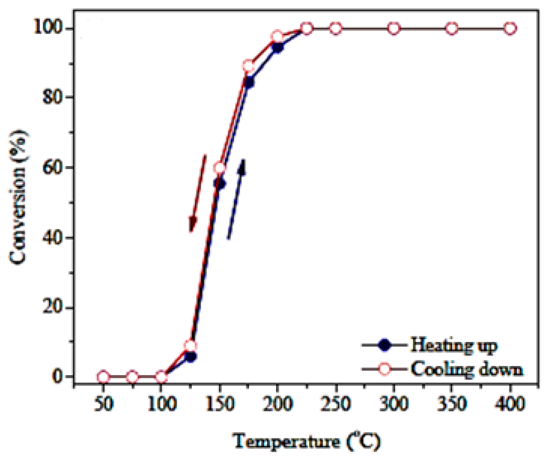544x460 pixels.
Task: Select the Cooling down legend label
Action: coord(467,370)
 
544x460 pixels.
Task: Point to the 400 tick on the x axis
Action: coord(510,404)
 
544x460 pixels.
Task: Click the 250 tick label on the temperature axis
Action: coord(336,404)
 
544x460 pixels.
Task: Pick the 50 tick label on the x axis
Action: coord(104,404)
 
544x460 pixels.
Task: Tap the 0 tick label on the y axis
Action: coord(58,377)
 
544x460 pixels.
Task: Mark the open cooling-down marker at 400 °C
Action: coord(510,28)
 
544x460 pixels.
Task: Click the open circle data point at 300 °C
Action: coord(394,28)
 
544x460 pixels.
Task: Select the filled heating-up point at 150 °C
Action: coord(220,183)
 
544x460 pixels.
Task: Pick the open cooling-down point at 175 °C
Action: coord(249,66)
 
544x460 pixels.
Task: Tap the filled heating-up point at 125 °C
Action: coord(191,357)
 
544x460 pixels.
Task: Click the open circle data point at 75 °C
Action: coord(132,377)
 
